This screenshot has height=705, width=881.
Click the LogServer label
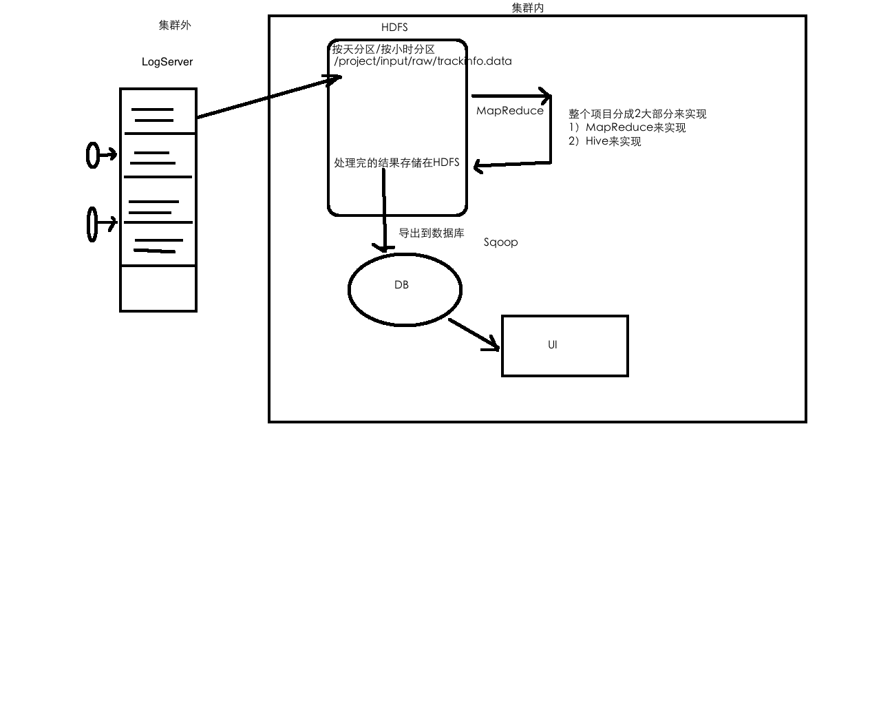[167, 62]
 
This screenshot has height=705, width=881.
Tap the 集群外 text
[175, 25]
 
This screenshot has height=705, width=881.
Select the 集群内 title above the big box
[528, 8]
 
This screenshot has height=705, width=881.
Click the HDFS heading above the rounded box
[394, 28]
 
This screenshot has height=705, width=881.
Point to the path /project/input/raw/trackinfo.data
[423, 61]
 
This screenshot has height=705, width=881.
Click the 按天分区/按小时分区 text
[383, 50]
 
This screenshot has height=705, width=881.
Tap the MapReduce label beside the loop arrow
[510, 111]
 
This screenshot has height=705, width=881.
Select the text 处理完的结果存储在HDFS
[396, 163]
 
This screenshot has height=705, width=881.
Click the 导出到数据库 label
[432, 233]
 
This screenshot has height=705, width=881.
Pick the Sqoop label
[500, 242]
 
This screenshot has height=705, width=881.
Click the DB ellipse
[405, 289]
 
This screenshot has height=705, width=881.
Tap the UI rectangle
[565, 346]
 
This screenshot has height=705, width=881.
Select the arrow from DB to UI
[474, 334]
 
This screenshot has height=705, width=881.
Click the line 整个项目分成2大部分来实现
[637, 114]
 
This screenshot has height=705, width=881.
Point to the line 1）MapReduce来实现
[627, 127]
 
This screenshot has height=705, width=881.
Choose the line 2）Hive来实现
[605, 141]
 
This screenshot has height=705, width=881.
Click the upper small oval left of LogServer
[92, 155]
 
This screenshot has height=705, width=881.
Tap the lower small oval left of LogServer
[92, 224]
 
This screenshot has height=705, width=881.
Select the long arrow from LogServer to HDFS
[268, 97]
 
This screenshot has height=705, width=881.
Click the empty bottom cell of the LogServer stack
[158, 288]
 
